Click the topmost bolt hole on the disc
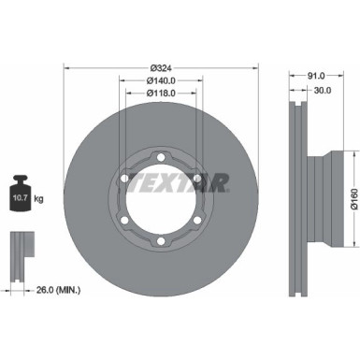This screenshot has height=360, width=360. (160, 155)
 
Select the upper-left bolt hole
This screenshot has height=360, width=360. (122, 178)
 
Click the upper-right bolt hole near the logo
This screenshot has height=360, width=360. (198, 178)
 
